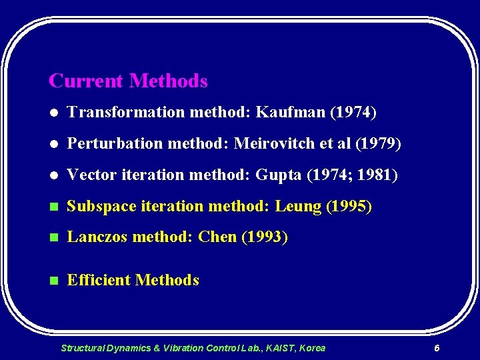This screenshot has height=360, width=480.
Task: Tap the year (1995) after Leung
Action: [x=349, y=207]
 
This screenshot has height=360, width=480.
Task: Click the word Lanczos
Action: [x=98, y=237]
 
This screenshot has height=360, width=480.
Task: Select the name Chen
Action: [x=217, y=237]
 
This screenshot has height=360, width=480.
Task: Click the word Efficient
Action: [x=99, y=280]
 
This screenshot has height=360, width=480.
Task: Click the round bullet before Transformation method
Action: [x=53, y=113]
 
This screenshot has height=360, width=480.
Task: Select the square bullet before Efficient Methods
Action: [x=53, y=281]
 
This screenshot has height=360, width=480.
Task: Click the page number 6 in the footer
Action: [x=437, y=348]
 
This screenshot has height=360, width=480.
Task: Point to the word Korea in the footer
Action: [x=313, y=348]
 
